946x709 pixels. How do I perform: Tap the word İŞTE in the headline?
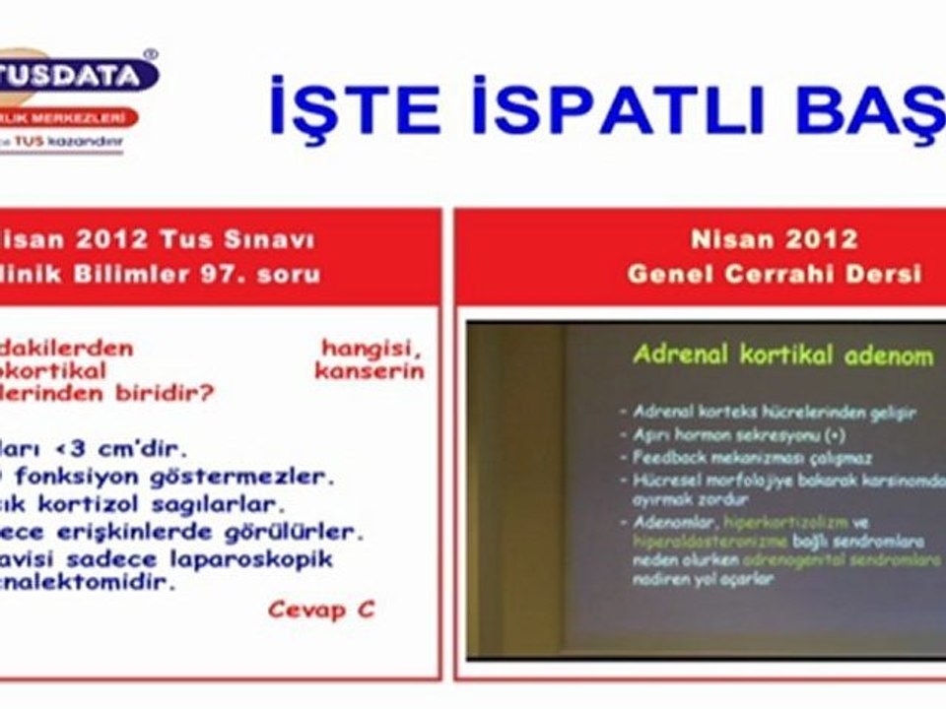355,108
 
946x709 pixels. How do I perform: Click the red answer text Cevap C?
321,610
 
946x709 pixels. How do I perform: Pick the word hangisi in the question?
372,348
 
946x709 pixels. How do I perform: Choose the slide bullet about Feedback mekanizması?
738,458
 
